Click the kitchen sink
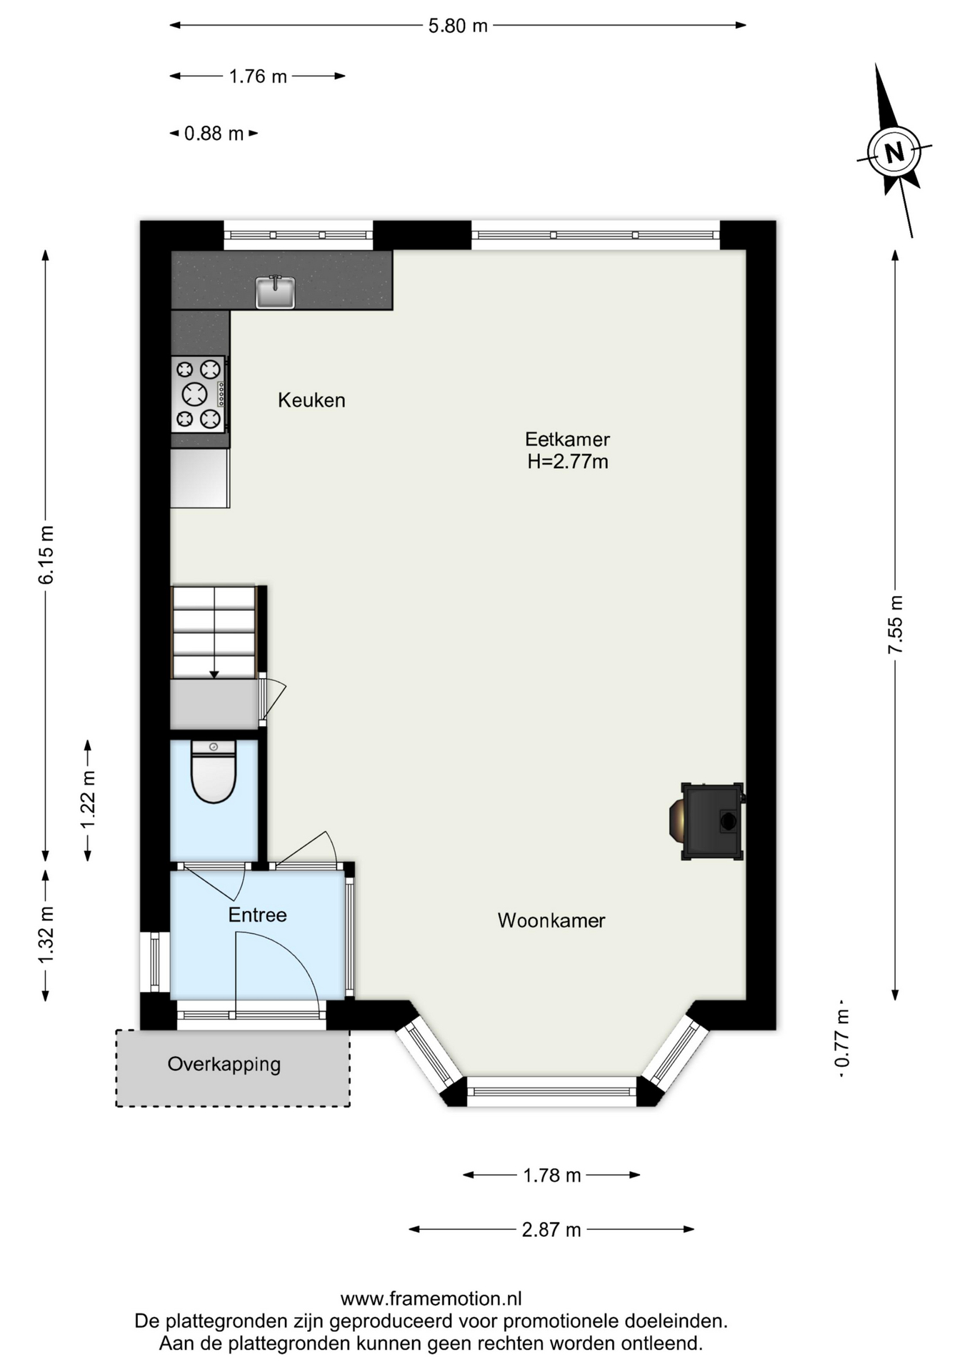point(275,292)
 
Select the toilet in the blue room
point(214,771)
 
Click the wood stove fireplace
point(707,821)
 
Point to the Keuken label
point(311,400)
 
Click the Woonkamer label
point(551,920)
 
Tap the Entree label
point(257,915)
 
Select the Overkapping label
point(224,1064)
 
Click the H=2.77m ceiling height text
point(568,462)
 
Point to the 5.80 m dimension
point(458,26)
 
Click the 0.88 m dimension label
point(214,134)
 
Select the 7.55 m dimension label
point(896,624)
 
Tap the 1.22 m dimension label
point(88,800)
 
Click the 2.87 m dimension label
point(551,1230)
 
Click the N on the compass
point(894,151)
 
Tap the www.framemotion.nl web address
point(431,1298)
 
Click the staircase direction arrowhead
point(214,675)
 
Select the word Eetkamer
point(568,439)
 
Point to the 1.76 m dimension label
point(258,76)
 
